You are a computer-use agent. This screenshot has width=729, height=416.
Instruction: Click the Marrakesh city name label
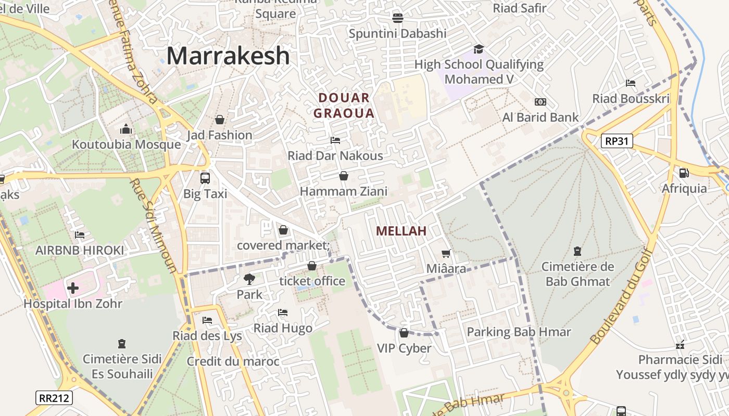point(228,56)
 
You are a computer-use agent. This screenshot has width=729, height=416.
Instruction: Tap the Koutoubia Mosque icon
point(126,129)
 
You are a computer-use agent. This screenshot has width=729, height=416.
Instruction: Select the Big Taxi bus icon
point(205,178)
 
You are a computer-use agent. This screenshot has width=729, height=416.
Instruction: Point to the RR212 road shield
point(54,398)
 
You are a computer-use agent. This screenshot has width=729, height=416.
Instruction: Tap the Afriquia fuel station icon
point(684,173)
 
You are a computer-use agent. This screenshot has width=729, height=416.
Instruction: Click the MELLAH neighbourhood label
point(401,231)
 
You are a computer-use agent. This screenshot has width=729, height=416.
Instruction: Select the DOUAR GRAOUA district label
point(344,106)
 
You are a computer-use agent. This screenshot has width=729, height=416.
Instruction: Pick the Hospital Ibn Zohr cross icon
point(73,288)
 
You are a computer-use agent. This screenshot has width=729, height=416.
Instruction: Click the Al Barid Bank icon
point(541,102)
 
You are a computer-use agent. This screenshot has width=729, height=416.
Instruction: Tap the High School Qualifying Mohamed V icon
point(479,49)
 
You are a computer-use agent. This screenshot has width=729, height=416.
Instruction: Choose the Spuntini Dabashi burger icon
point(398,18)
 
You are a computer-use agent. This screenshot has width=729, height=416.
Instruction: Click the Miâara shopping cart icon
point(446,253)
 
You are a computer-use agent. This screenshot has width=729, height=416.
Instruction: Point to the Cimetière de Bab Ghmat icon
point(577,252)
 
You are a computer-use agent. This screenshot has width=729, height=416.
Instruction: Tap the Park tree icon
point(249,279)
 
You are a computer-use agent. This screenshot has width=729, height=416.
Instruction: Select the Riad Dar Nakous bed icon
point(335,140)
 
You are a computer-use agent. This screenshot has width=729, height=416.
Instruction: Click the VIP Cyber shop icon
point(404,333)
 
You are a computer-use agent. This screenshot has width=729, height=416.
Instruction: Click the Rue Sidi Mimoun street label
point(156,226)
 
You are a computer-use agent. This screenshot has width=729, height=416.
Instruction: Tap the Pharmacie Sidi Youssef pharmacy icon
point(680,344)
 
